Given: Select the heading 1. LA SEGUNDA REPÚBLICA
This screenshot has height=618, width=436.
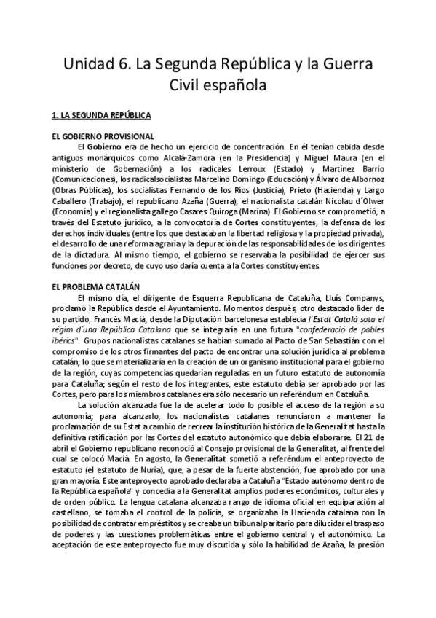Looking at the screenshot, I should pyautogui.click(x=101, y=115).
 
